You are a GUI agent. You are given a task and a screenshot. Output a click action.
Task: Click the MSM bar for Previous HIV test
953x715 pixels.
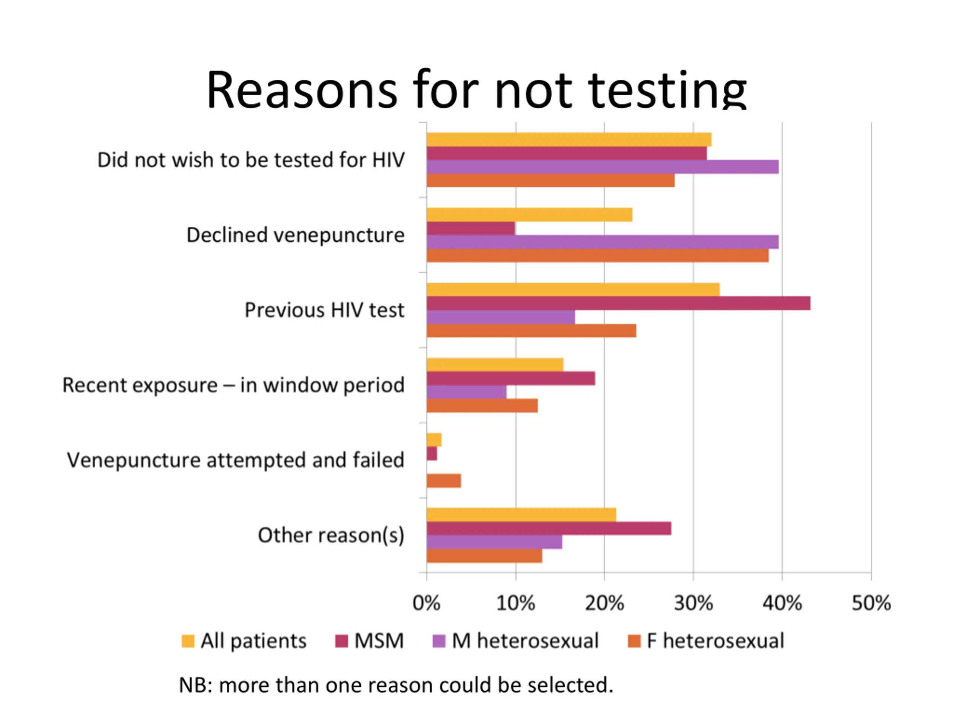(618, 304)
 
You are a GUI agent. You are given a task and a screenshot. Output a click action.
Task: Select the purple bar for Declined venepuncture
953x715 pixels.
(602, 242)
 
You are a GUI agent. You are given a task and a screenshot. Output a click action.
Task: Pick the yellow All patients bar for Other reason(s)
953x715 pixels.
(521, 515)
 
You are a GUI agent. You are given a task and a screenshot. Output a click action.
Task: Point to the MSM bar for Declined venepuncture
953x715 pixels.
(471, 228)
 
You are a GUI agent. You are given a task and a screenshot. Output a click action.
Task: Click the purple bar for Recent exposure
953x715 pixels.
(466, 392)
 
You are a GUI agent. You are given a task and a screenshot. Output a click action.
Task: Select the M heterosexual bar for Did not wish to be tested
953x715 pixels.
(602, 167)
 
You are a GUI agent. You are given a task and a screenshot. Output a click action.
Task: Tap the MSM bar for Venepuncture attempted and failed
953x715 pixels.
(432, 454)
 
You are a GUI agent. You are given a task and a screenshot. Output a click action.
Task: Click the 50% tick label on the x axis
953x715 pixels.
(871, 603)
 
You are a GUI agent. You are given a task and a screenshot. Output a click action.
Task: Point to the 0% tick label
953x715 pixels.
(427, 603)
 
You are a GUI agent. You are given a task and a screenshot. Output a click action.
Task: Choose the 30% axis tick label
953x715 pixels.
(693, 603)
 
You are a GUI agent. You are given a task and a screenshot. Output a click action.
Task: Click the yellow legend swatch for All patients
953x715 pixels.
(188, 641)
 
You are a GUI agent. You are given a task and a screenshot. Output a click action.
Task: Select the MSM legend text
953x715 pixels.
(379, 641)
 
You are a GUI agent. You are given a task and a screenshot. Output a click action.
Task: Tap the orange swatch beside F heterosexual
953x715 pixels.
(634, 641)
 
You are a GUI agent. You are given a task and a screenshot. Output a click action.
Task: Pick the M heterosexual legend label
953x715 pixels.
(525, 641)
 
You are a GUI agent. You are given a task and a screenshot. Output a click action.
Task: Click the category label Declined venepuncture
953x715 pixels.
(296, 235)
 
